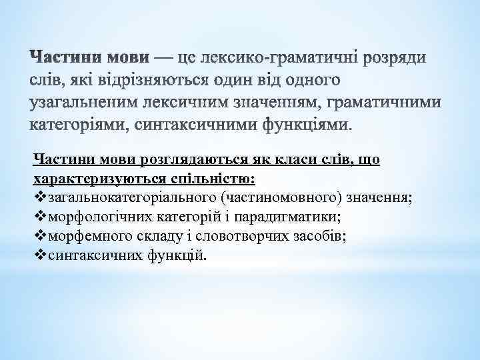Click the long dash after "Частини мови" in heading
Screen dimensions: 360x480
point(164,59)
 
